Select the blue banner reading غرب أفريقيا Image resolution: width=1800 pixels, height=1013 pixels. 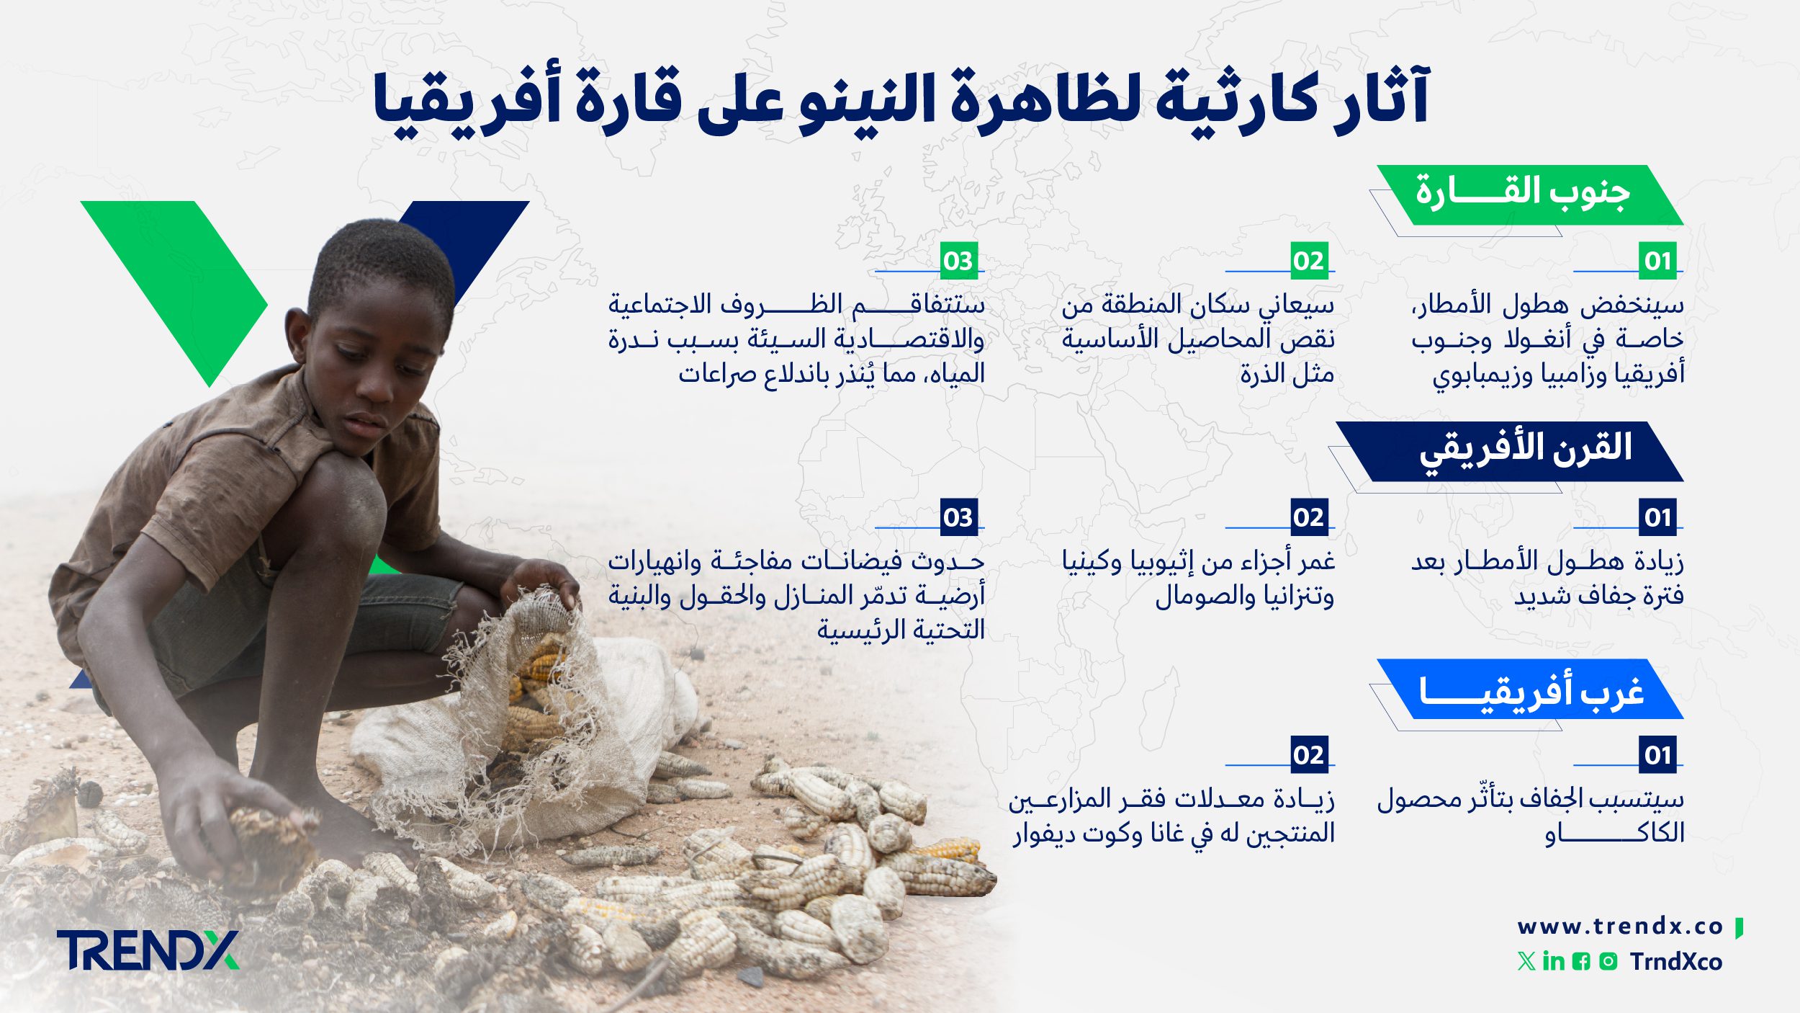click(x=1526, y=690)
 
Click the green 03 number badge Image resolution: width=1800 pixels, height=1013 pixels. click(x=958, y=261)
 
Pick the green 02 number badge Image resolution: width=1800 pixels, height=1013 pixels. click(x=1308, y=261)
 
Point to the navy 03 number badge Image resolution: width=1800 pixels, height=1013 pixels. click(x=958, y=517)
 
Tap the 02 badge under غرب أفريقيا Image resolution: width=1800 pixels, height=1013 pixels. click(x=1308, y=755)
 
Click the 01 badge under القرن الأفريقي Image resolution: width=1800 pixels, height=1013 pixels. click(x=1657, y=517)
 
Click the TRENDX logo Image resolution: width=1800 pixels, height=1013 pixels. click(x=148, y=950)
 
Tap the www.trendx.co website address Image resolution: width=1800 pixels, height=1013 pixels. click(x=1620, y=927)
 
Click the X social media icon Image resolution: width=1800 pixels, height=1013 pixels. click(x=1526, y=961)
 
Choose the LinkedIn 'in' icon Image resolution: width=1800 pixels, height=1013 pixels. click(x=1554, y=961)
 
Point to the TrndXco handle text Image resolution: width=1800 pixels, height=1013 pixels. click(x=1676, y=962)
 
